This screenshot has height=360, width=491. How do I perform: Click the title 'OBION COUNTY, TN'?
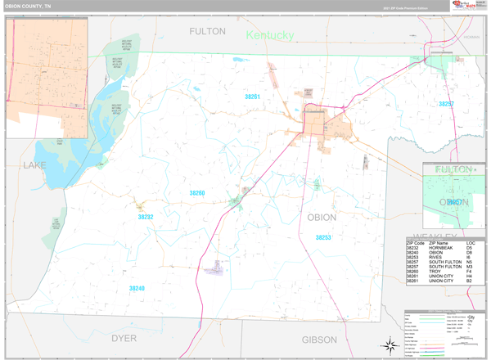(x=29, y=7)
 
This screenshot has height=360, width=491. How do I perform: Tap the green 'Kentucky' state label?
(x=269, y=36)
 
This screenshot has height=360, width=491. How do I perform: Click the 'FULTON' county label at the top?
(x=207, y=31)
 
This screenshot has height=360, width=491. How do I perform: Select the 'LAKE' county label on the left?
(x=35, y=165)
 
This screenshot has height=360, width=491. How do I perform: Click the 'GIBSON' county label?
(x=319, y=339)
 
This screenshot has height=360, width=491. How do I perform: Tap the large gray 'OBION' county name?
(x=322, y=218)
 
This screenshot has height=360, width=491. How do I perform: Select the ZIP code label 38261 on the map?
(x=252, y=97)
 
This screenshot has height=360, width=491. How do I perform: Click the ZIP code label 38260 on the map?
(x=196, y=193)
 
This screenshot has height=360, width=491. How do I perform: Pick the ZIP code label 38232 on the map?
(x=146, y=217)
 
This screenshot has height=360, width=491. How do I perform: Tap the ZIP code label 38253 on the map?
(x=323, y=237)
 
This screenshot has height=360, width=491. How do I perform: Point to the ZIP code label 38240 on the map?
(x=137, y=288)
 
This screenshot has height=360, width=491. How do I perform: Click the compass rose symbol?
(x=386, y=344)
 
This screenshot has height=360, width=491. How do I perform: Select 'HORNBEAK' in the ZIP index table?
(x=442, y=248)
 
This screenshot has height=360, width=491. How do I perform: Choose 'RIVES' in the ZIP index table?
(x=435, y=258)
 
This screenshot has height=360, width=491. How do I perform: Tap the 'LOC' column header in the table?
(x=471, y=243)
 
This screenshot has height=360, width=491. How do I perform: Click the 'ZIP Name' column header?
(x=439, y=243)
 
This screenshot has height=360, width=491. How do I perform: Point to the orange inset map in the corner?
(x=47, y=78)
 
